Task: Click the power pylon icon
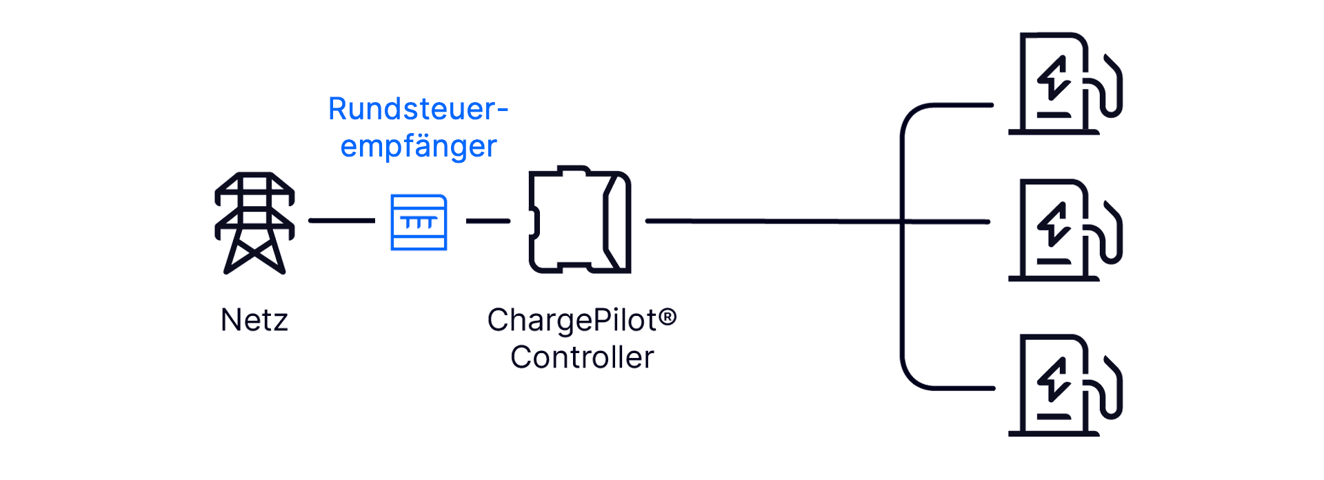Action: (254, 223)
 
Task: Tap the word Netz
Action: (254, 321)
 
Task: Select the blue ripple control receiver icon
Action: (419, 222)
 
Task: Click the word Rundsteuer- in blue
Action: (418, 109)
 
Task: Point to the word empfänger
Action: (418, 146)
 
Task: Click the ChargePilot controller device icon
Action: (579, 220)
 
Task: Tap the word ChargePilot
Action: (572, 321)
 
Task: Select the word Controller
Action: (582, 358)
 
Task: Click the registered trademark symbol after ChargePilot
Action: (668, 317)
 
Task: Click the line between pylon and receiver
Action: (341, 221)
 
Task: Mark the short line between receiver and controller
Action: (488, 221)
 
